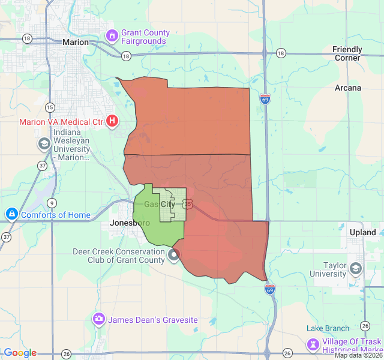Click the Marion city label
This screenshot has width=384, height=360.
point(76,42)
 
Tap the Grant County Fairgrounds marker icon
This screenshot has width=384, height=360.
point(112,37)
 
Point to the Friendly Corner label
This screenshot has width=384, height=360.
point(347,53)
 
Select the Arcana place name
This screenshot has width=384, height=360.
point(348,88)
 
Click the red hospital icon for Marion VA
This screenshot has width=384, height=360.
point(112,121)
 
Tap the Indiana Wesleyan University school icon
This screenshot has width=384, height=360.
point(44,143)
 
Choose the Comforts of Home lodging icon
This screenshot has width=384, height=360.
point(11,214)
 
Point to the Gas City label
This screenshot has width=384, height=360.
point(160,205)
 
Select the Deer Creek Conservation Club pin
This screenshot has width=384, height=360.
point(174,255)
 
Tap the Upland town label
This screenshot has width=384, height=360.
point(362,232)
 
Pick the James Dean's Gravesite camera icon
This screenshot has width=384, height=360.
point(98,320)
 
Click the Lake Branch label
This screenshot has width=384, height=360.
point(328,328)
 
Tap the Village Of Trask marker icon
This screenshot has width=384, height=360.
point(313,344)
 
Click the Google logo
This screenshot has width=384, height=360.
point(20,353)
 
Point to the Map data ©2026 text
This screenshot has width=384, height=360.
point(358,355)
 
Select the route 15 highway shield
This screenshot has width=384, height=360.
point(50,107)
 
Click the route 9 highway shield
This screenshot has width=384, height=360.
point(53,202)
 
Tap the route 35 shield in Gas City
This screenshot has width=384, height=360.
point(188,205)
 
